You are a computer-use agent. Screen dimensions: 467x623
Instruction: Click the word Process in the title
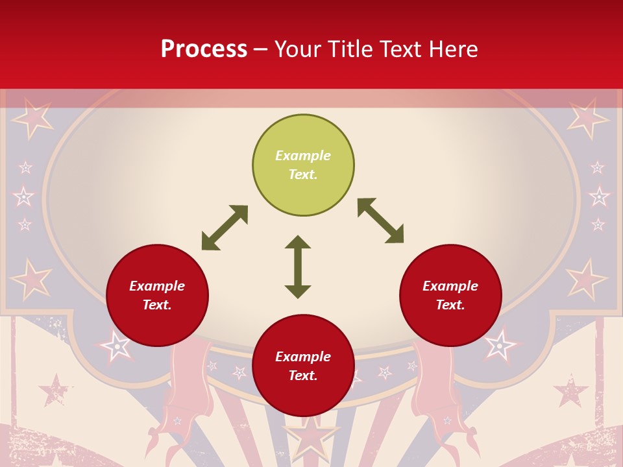pos(204,49)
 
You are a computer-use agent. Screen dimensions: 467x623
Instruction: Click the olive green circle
pos(303,165)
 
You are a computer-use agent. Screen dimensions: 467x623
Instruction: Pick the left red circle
pos(157,295)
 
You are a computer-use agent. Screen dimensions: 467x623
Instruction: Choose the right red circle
pos(450,295)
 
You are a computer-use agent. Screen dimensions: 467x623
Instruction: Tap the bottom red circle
pos(303,366)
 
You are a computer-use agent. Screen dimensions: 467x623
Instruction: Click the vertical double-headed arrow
pos(298,267)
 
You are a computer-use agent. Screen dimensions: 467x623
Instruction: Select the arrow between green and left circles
pos(225,228)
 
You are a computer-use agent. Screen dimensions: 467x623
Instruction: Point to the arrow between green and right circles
pos(380,221)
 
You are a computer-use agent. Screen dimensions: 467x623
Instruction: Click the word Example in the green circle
pos(303,156)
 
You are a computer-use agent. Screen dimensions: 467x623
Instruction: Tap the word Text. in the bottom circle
pos(303,376)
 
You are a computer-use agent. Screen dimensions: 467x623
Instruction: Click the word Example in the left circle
pos(157,286)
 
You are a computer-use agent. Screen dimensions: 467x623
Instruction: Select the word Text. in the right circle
pos(450,305)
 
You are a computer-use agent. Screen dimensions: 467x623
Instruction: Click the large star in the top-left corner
pos(31,116)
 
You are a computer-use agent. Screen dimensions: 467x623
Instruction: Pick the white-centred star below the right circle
pos(499,345)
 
